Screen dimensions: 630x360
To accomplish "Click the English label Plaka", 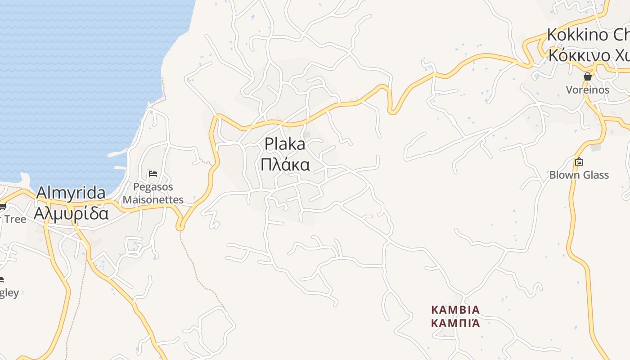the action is coord(284,144).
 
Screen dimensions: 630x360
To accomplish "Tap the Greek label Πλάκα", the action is coord(285,165).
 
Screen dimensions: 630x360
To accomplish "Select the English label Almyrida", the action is coord(71,193).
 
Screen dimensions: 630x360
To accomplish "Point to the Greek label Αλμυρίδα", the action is coord(71,213).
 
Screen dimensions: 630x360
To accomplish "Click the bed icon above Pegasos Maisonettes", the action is coord(153,174).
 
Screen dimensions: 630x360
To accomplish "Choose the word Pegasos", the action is coord(153,187).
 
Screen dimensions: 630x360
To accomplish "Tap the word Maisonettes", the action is coord(153,199).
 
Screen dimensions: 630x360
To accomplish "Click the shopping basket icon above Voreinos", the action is coord(587,76).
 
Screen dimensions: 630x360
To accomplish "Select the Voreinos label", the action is coord(587,90).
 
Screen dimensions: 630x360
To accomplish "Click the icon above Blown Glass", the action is coord(579,161).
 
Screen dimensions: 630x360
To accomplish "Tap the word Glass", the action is coord(595,175).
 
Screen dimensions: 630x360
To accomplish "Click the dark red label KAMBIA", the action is coord(455,310).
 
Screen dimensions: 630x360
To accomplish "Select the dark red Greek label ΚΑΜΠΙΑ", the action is coord(455,323).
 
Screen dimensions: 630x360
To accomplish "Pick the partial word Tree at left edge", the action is coord(15,219).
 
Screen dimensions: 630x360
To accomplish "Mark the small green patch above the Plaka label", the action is coord(307,134).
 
